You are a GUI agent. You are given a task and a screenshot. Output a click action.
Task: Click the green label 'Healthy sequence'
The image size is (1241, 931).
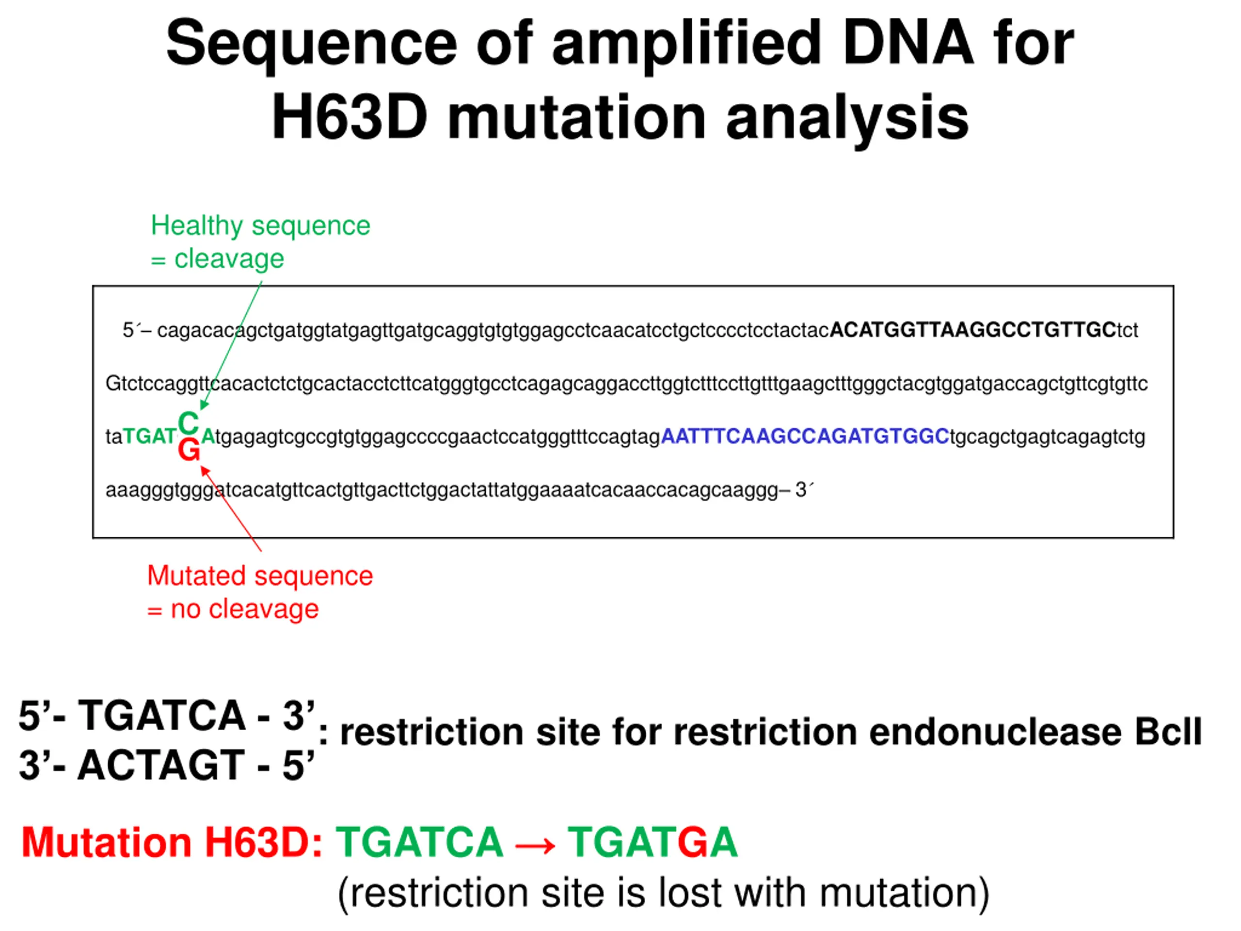point(260,225)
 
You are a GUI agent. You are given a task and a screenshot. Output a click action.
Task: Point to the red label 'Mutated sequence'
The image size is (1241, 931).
point(260,576)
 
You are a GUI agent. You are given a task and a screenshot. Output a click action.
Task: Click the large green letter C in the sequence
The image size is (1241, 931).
point(188,422)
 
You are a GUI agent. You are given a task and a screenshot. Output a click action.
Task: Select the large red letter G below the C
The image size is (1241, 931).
point(189,450)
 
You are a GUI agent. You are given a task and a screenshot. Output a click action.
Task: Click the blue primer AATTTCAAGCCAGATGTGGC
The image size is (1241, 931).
point(805,436)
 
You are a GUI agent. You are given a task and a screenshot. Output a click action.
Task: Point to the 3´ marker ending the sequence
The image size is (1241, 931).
point(803,490)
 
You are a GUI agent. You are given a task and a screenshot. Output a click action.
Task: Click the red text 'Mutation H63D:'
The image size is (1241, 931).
point(172,842)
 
